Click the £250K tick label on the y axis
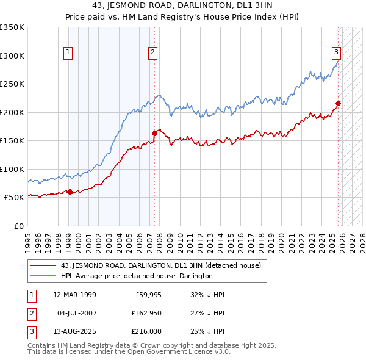12,84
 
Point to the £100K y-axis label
12,169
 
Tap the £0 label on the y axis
18,226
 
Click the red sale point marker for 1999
70,192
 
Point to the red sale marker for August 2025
338,103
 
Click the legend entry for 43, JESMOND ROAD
161,265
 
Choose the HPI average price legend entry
137,276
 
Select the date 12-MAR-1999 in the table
74,295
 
